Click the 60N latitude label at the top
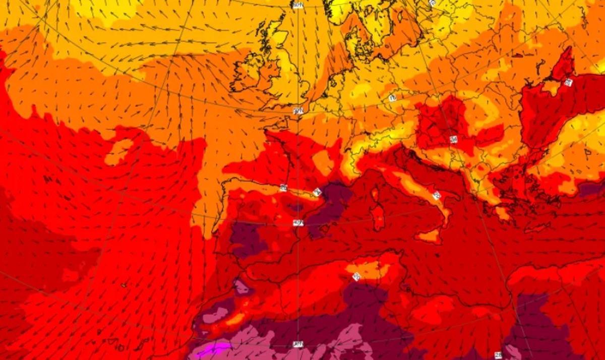click(298, 5)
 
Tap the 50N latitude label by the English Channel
click(298, 111)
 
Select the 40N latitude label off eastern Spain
click(298, 222)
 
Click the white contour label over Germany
click(393, 98)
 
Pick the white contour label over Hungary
click(453, 139)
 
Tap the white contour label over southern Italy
click(436, 195)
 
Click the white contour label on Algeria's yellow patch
click(357, 276)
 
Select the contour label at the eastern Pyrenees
click(317, 192)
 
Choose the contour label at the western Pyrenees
click(283, 188)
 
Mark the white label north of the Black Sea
click(568, 83)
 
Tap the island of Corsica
click(375, 193)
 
